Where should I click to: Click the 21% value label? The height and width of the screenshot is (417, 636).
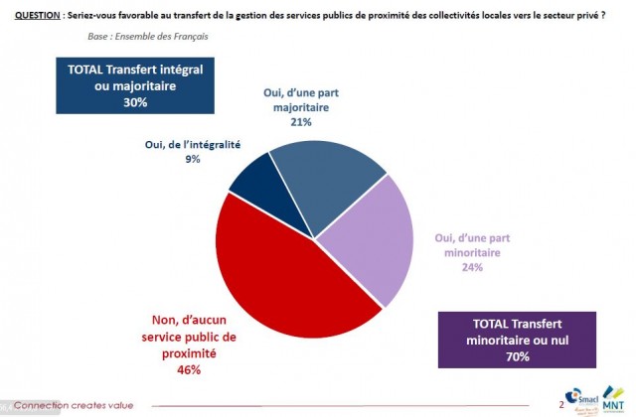tap(301, 122)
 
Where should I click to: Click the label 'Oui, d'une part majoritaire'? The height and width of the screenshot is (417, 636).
tap(301, 100)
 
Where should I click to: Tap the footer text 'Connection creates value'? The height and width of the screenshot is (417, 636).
tap(77, 405)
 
